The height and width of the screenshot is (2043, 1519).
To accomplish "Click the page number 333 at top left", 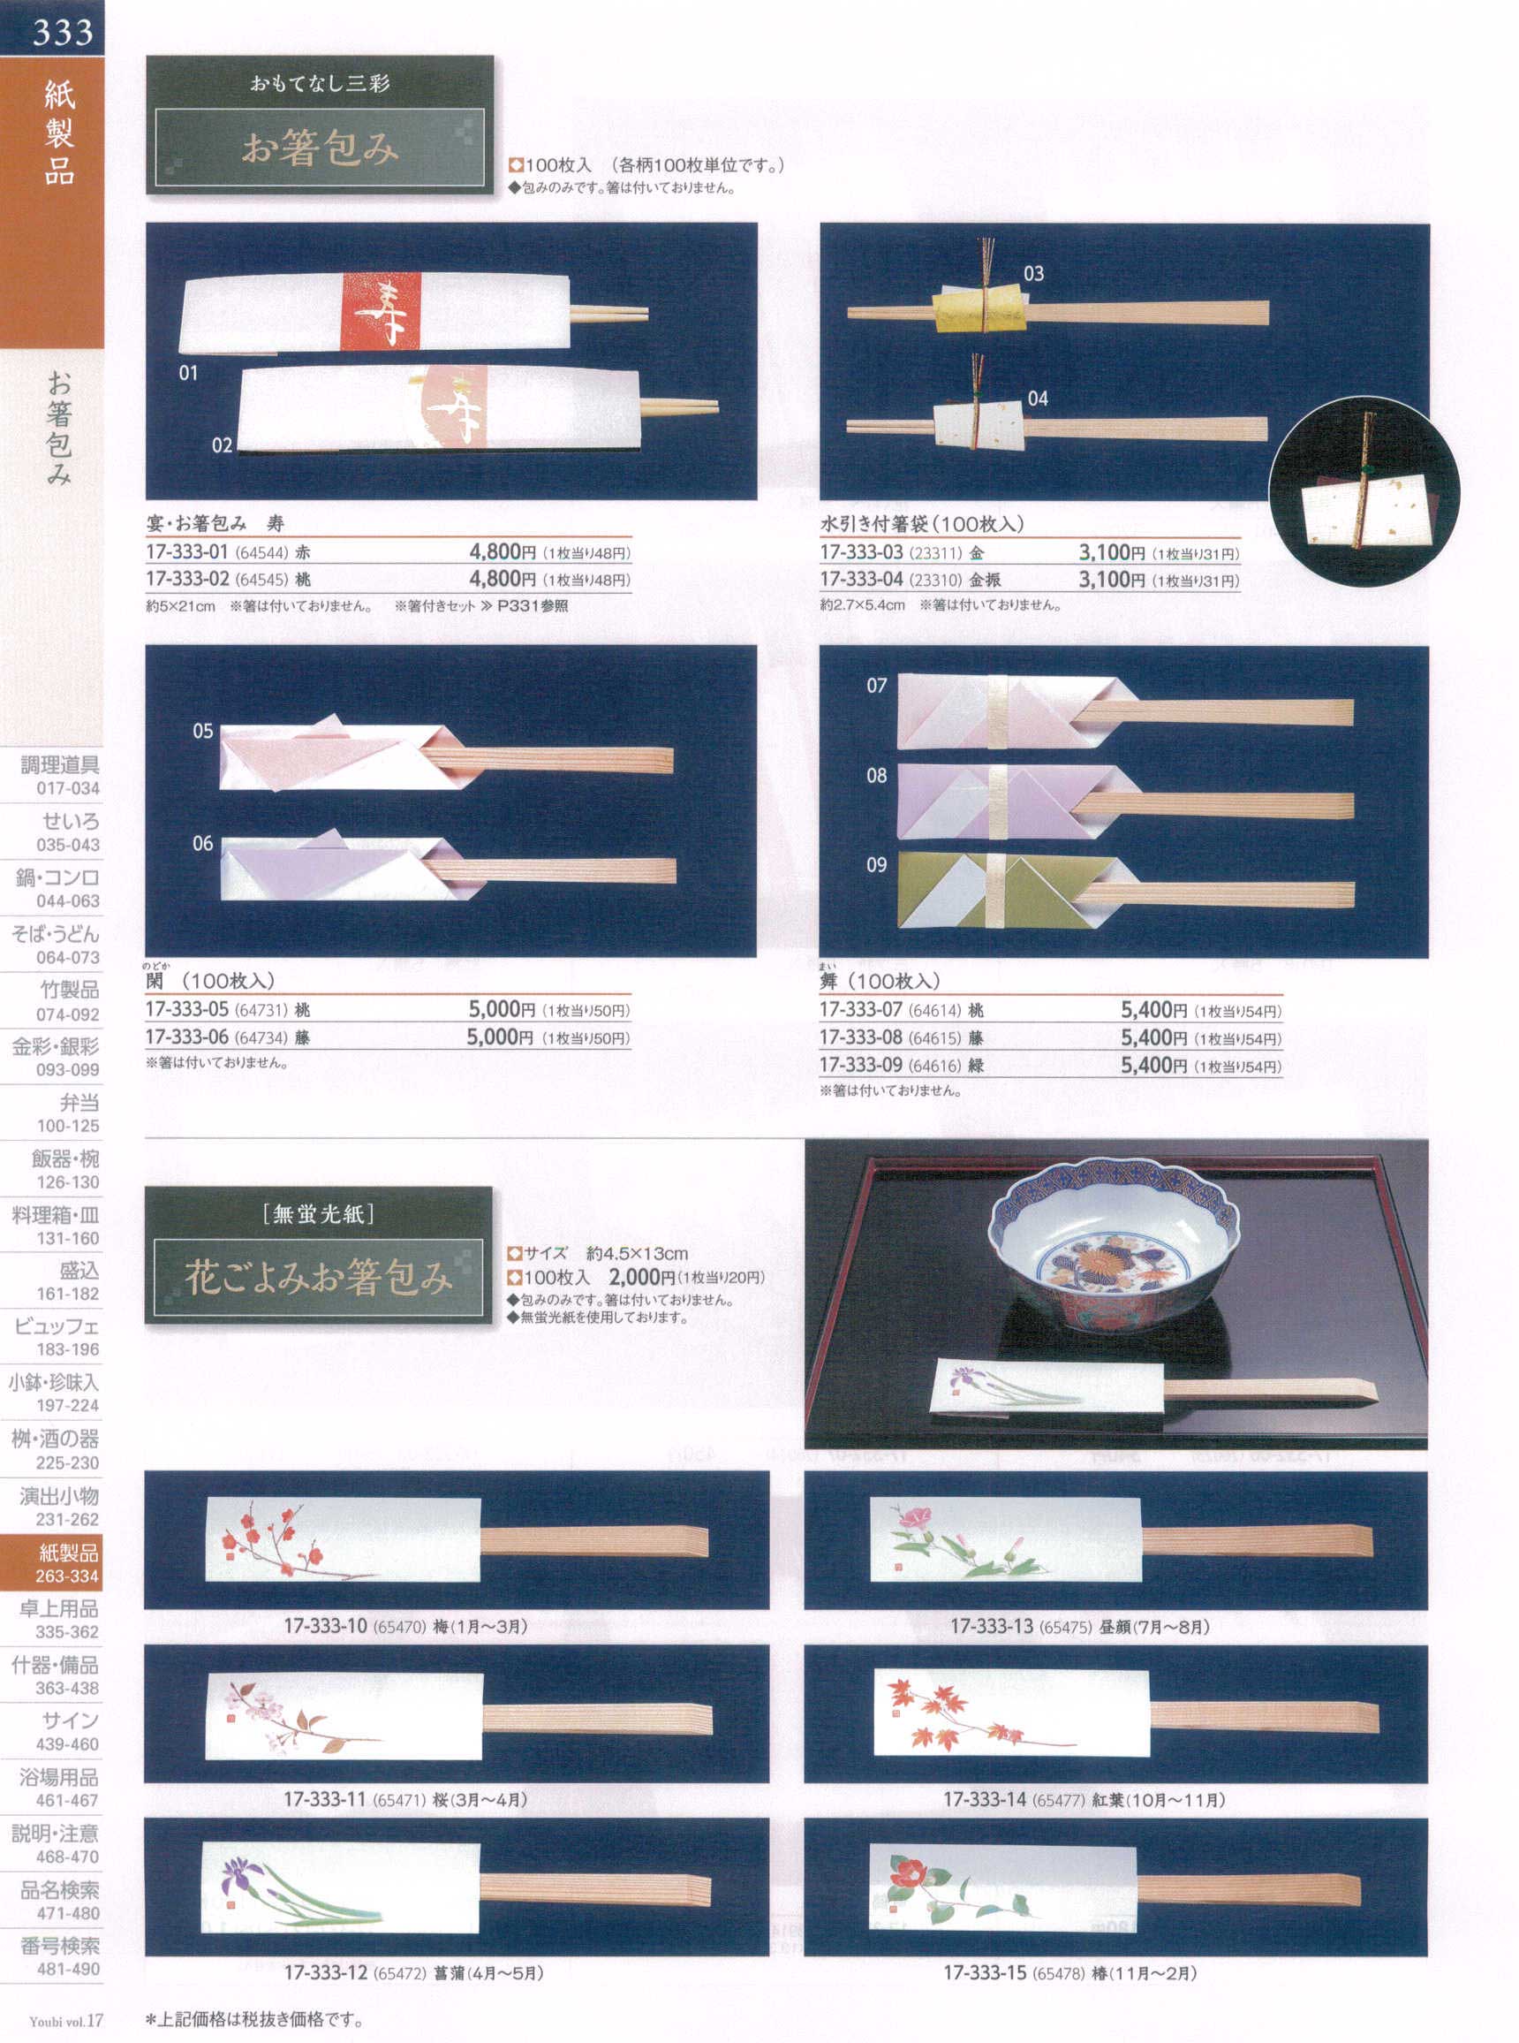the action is pyautogui.click(x=63, y=32).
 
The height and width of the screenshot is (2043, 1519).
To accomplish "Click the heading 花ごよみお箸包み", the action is pyautogui.click(x=319, y=1279).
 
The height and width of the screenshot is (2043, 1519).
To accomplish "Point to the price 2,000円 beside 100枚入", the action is pyautogui.click(x=641, y=1277).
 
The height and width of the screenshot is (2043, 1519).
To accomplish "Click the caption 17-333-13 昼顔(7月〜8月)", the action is pyautogui.click(x=1079, y=1627).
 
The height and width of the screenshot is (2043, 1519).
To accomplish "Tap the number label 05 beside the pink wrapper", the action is pyautogui.click(x=202, y=732).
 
